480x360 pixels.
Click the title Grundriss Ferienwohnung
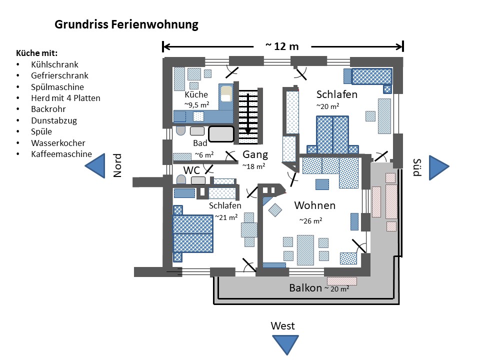click(126, 24)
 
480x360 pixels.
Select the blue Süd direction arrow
click(440, 166)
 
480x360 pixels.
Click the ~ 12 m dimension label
click(282, 46)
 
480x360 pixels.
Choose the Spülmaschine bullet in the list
click(57, 87)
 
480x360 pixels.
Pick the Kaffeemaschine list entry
click(61, 154)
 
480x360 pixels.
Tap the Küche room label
click(196, 95)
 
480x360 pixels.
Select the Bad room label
click(200, 143)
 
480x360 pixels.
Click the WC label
click(191, 170)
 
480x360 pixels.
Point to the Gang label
click(255, 154)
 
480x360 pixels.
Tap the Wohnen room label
click(314, 205)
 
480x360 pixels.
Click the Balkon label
click(305, 288)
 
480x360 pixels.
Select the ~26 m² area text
click(310, 220)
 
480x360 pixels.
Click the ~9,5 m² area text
click(196, 105)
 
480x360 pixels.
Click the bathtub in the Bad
click(221, 134)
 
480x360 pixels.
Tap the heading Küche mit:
click(37, 53)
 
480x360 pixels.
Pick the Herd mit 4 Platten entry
click(65, 98)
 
